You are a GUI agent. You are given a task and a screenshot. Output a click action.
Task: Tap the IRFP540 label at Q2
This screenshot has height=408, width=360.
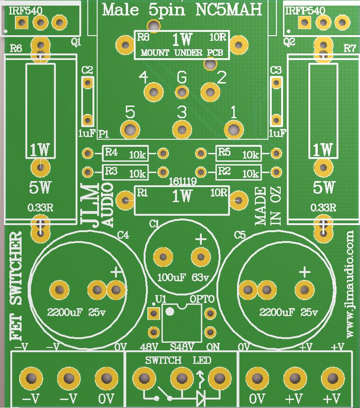coord(303,10)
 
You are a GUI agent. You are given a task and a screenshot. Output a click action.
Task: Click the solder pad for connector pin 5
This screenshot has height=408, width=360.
coord(130,129)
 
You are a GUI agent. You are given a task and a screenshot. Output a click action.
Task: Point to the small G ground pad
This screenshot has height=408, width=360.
coord(182,92)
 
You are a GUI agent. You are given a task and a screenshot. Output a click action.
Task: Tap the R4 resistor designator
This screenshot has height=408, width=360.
coord(111,152)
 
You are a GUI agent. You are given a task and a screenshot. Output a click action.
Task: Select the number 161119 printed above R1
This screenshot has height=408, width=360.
coord(182,180)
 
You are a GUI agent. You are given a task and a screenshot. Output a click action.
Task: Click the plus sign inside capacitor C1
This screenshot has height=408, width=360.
coord(200,240)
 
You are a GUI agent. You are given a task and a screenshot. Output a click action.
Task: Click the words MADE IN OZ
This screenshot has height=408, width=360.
coord(268,206)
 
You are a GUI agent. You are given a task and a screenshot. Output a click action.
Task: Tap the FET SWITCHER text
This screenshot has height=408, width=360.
coord(16,286)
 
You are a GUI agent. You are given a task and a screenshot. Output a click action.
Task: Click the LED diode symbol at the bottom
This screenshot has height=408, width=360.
coord(201,398)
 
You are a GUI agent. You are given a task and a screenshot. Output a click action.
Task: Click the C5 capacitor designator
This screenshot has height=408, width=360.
coord(240,234)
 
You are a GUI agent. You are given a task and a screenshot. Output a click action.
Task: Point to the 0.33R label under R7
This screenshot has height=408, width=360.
coord(323,207)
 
